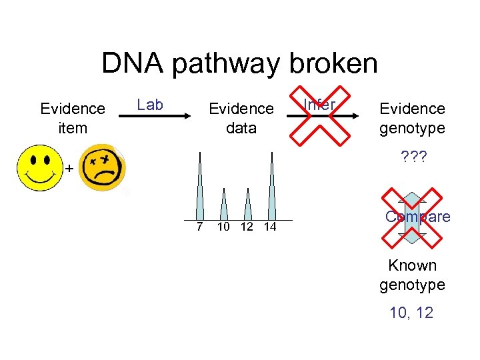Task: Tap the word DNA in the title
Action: (x=136, y=64)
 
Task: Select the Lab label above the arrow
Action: (x=150, y=104)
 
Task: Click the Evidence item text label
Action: (x=73, y=118)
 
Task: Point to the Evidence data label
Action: (x=241, y=118)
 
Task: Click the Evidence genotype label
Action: (x=412, y=118)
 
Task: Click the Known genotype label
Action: (x=412, y=275)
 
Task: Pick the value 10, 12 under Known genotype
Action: (x=412, y=313)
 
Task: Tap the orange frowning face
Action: (x=103, y=168)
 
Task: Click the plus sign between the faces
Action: (x=69, y=169)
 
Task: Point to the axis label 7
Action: (x=199, y=227)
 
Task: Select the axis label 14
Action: (x=269, y=227)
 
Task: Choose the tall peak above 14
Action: (x=271, y=190)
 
